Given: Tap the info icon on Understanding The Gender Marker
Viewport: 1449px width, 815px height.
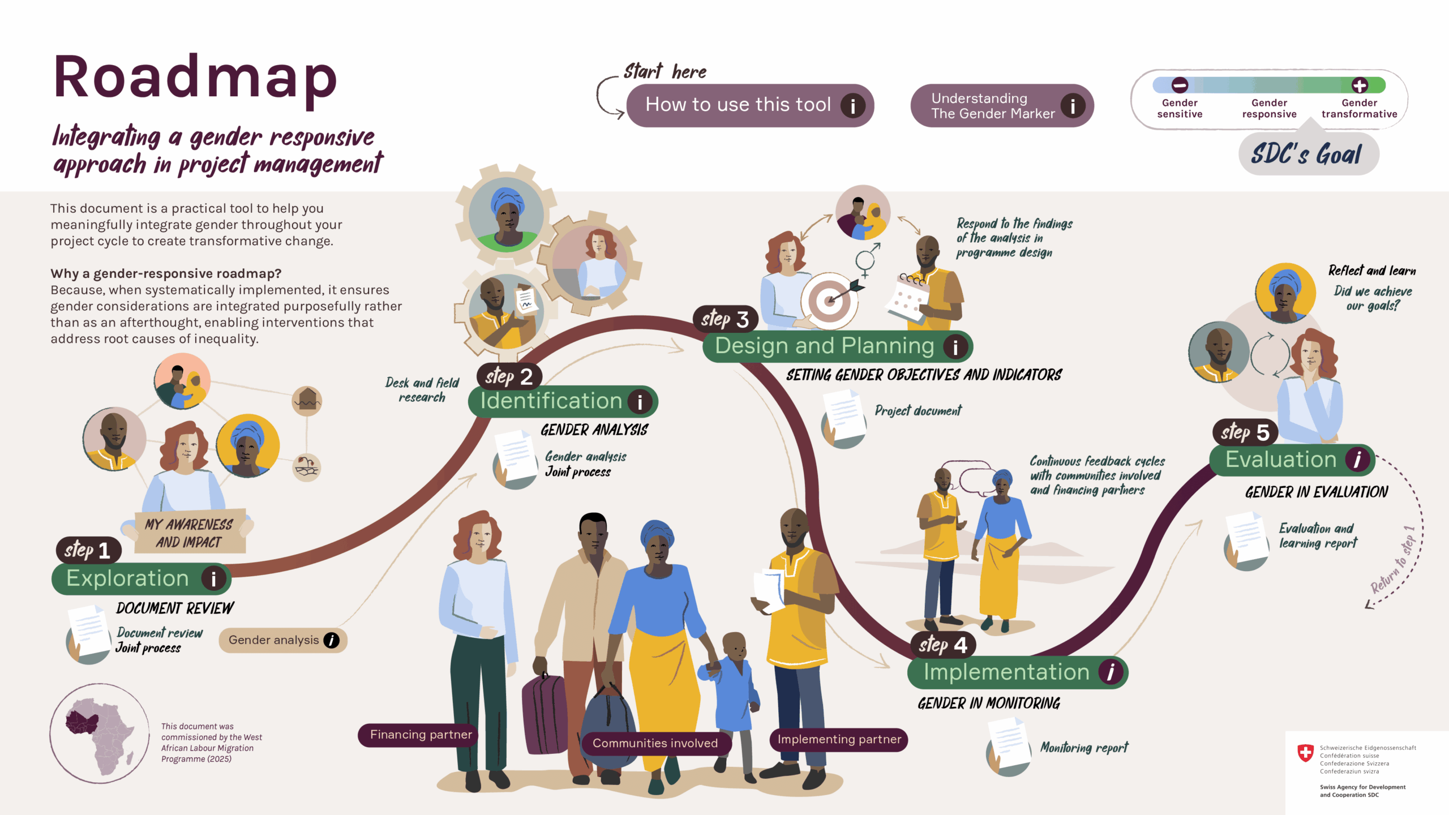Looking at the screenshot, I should pyautogui.click(x=1072, y=106).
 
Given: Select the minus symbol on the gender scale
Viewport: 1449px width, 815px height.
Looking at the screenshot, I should pyautogui.click(x=1180, y=85).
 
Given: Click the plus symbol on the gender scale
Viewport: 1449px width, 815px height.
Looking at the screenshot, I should pyautogui.click(x=1360, y=85).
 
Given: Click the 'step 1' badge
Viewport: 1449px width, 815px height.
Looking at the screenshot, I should pyautogui.click(x=88, y=550).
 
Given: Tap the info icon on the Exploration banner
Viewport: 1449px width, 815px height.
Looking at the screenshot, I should pyautogui.click(x=213, y=578).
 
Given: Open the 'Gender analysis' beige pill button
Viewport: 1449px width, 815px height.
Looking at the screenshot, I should pyautogui.click(x=282, y=640).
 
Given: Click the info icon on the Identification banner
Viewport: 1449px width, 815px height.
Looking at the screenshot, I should pyautogui.click(x=640, y=402).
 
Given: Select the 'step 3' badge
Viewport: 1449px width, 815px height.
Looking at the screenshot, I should pyautogui.click(x=725, y=319).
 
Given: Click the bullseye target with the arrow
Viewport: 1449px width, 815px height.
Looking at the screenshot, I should pyautogui.click(x=830, y=300).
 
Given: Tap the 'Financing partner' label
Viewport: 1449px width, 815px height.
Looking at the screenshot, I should pyautogui.click(x=421, y=735).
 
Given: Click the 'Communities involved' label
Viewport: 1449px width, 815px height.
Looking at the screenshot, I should pyautogui.click(x=655, y=743).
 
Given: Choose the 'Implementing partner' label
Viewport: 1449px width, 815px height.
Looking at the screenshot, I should pyautogui.click(x=839, y=739).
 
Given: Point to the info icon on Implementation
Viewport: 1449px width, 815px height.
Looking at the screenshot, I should pyautogui.click(x=1111, y=672).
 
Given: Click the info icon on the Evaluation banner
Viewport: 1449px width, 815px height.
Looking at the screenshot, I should pyautogui.click(x=1357, y=460).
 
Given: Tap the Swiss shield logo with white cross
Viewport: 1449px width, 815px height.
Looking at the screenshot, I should pyautogui.click(x=1305, y=753).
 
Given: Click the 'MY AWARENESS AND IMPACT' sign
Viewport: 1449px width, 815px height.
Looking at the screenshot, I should pyautogui.click(x=190, y=533).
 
